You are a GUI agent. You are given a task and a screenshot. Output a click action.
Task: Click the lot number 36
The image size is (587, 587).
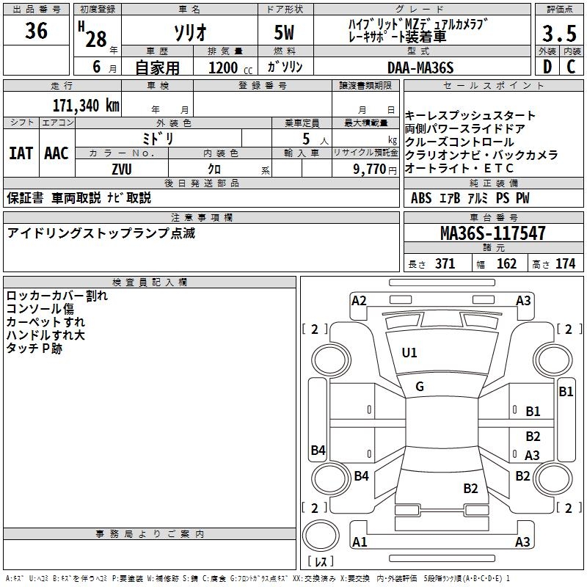36,32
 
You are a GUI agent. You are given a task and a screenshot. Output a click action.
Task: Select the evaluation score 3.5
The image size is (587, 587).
559,34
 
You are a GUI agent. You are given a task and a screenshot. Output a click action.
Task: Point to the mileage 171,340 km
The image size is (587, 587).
86,105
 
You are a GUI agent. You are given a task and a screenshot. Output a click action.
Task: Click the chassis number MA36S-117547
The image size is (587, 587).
492,233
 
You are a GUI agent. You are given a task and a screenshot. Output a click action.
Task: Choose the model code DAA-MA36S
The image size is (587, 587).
420,68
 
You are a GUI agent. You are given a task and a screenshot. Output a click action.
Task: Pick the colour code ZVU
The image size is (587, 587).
121,168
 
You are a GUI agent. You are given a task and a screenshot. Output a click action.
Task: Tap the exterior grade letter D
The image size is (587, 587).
547,68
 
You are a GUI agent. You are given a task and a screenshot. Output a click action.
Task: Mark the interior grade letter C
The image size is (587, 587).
571,68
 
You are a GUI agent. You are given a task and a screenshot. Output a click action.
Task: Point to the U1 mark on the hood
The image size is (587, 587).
409,353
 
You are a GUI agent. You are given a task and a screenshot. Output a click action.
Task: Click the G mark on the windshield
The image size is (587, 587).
420,387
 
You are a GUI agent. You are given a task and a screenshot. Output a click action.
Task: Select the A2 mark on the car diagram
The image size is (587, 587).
359,300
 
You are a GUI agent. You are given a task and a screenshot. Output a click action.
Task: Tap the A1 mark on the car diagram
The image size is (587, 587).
359,542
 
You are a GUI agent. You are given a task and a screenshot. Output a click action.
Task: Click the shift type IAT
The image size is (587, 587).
21,153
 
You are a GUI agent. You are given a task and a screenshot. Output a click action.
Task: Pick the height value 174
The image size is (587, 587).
565,264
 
